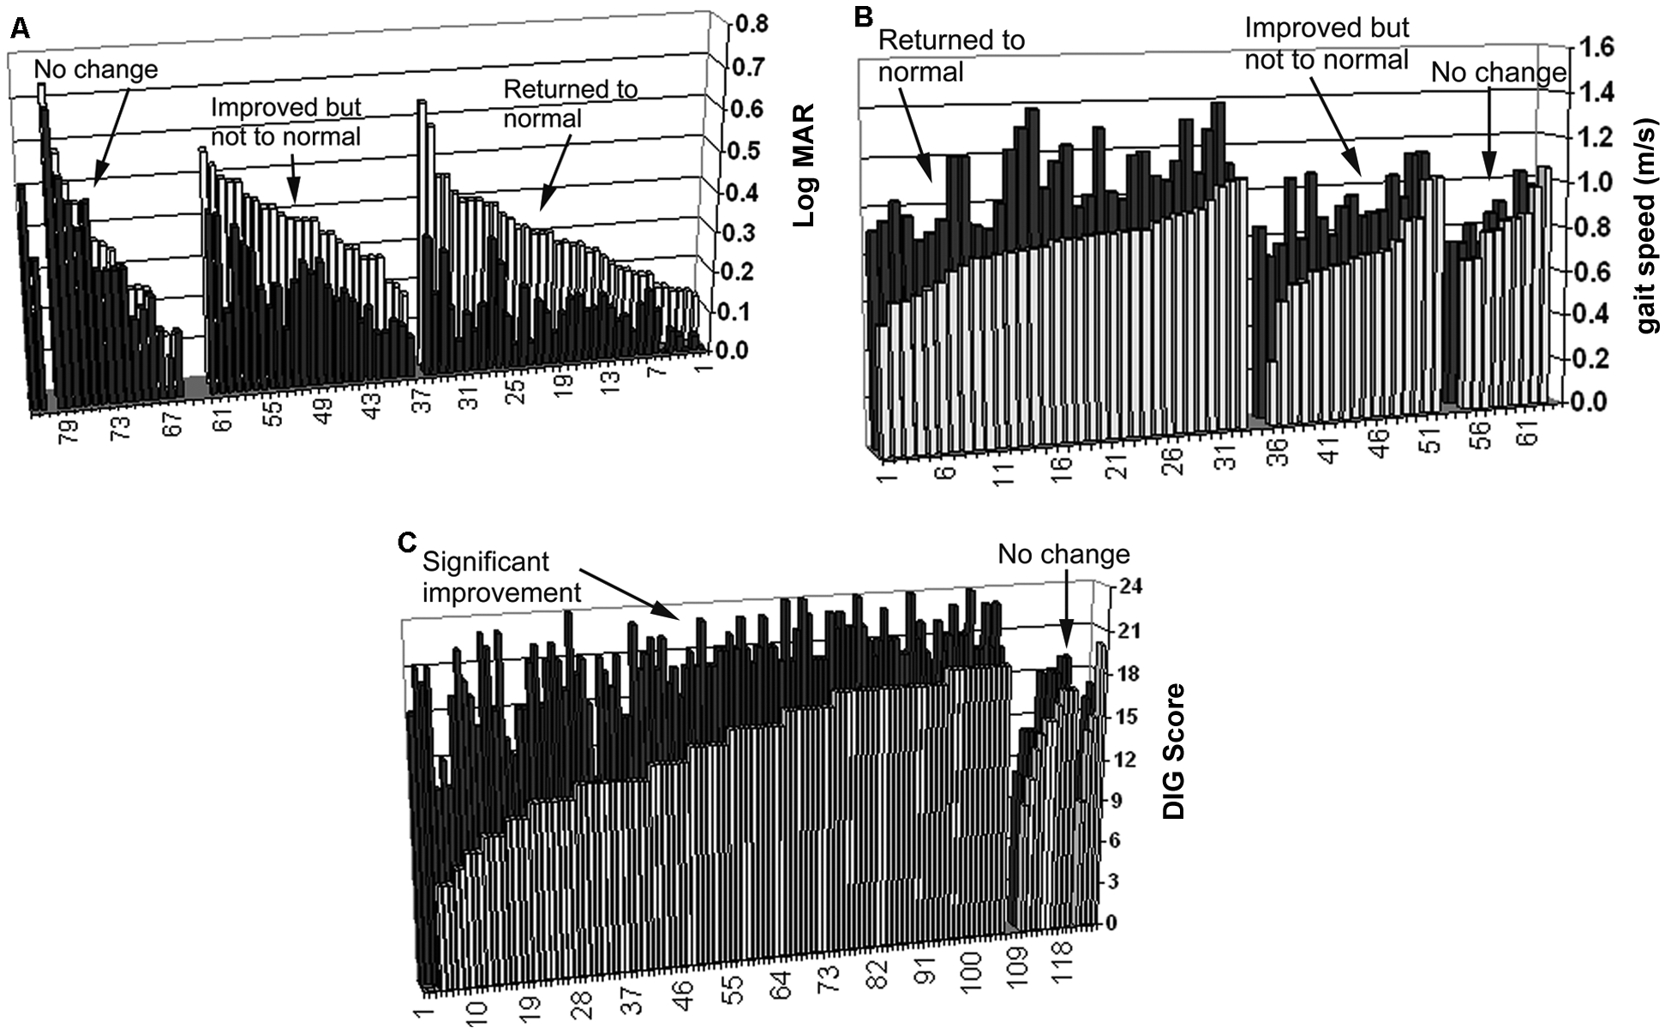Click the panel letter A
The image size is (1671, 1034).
coord(20,30)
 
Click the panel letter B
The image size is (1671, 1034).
coord(865,15)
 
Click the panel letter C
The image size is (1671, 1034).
coord(409,543)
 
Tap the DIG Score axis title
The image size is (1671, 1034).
coord(1174,751)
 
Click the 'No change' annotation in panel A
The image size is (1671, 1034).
coord(97,69)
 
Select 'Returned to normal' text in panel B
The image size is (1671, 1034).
coord(951,56)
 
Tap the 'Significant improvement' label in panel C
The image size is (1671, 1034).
coord(502,577)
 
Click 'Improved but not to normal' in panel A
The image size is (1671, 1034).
coord(286,122)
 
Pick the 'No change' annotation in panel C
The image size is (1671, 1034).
coord(1063,555)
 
